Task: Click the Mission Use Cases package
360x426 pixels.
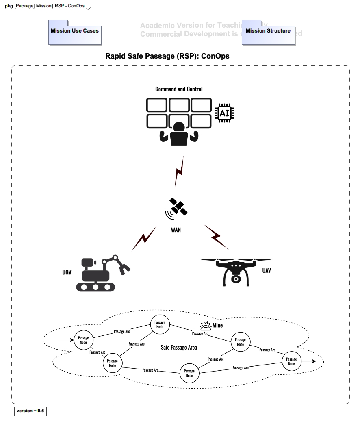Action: (75, 33)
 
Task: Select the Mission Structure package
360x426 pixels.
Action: (268, 33)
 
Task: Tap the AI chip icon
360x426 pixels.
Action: (224, 113)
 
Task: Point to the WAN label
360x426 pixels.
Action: (176, 230)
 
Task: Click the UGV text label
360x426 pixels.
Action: (67, 272)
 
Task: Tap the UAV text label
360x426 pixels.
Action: (267, 270)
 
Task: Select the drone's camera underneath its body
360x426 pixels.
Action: (236, 280)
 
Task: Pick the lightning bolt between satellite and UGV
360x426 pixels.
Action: (144, 239)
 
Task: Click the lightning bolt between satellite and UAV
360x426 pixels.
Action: (216, 237)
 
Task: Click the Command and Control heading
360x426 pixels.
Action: (179, 89)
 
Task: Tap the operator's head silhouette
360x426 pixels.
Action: (178, 127)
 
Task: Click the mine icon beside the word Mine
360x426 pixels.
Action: (205, 326)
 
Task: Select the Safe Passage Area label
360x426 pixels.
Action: (179, 348)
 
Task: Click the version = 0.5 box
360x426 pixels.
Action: (30, 411)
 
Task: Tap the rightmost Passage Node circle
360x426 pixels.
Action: (291, 361)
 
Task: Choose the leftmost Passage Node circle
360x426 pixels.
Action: (83, 340)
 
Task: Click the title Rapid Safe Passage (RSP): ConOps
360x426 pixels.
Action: (167, 56)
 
